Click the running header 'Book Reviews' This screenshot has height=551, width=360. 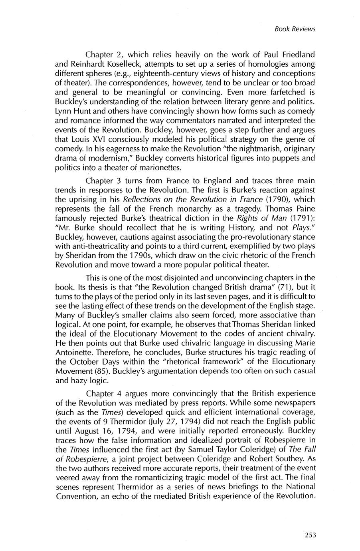295,29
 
